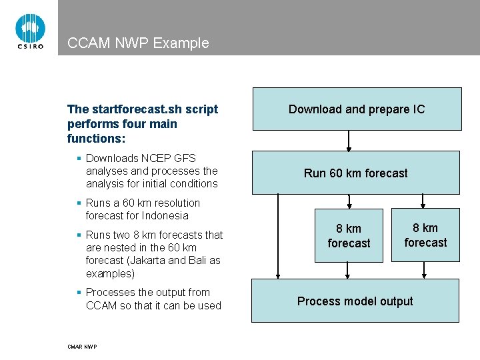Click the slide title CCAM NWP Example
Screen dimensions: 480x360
tap(138, 43)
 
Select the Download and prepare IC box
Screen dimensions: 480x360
tap(356, 109)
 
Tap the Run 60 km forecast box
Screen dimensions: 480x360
tap(355, 173)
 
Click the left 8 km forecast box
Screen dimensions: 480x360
tap(349, 236)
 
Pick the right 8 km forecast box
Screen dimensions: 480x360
tap(425, 235)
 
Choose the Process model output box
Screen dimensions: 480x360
tap(355, 301)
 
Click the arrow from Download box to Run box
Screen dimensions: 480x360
tap(348, 140)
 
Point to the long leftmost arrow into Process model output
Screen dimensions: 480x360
tap(279, 236)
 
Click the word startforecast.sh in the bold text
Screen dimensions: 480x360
tap(127, 109)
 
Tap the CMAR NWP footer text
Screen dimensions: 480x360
tap(82, 347)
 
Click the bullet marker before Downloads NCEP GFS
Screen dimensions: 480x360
tap(79, 159)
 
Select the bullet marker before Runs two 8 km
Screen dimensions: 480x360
tap(79, 235)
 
